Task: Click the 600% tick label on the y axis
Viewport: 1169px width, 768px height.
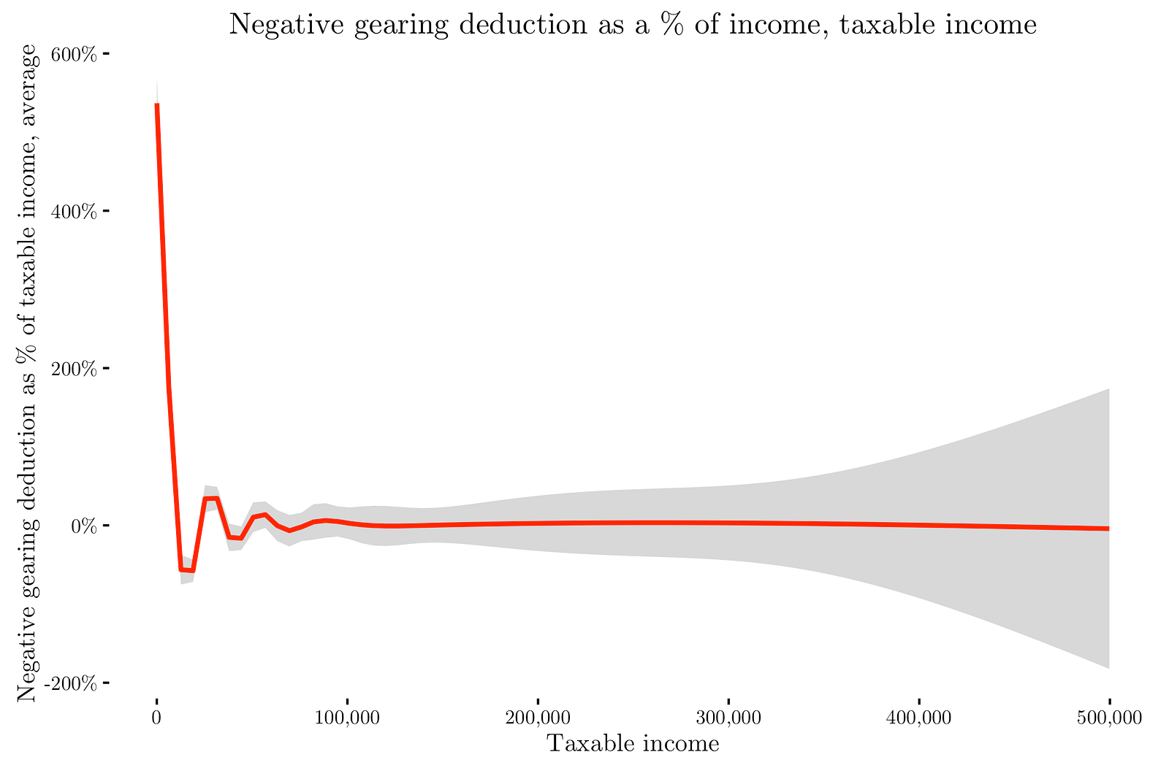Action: click(x=73, y=54)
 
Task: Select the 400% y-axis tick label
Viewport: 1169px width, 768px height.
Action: click(x=73, y=212)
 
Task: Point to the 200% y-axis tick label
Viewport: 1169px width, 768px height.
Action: click(x=73, y=369)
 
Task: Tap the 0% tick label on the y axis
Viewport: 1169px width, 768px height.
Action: click(x=84, y=526)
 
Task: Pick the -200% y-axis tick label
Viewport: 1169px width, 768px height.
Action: click(x=71, y=683)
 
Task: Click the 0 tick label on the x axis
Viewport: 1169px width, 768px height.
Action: click(x=156, y=718)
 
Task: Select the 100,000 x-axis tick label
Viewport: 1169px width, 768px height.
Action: click(x=347, y=718)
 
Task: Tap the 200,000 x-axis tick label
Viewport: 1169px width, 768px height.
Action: click(x=538, y=718)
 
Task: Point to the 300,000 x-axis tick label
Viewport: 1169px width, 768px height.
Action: click(x=728, y=718)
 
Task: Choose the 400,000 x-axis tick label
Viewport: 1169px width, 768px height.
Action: click(x=919, y=718)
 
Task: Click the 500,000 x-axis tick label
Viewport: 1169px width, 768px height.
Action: click(x=1109, y=718)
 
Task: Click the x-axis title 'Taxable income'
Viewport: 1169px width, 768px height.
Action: click(x=633, y=744)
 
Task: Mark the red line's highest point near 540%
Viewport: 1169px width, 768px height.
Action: click(x=157, y=104)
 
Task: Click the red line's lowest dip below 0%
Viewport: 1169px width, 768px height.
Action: click(x=187, y=569)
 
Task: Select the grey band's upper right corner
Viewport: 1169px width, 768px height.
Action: click(x=1109, y=389)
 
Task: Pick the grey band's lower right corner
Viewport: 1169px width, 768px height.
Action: click(x=1109, y=668)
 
